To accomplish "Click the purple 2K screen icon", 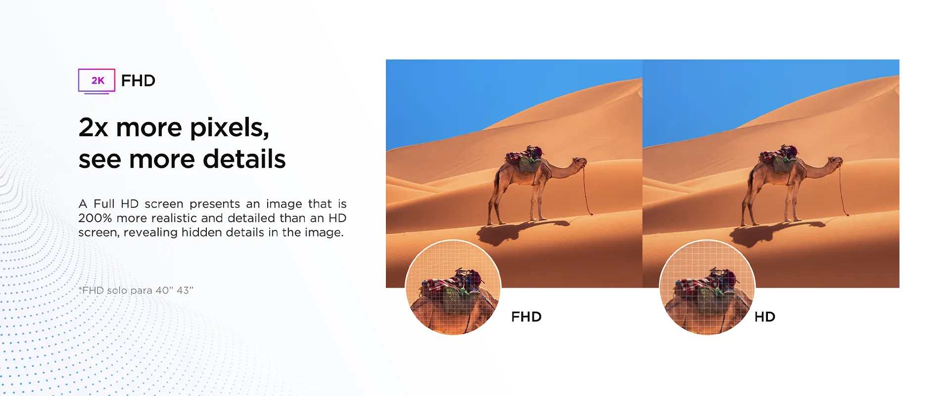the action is point(96,81).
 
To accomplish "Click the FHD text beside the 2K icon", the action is point(138,81).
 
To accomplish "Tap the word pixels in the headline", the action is point(230,128).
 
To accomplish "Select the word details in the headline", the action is point(244,159).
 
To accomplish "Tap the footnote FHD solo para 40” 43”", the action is point(136,290).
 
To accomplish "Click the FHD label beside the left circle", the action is point(526,317).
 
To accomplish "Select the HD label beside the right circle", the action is point(764,317).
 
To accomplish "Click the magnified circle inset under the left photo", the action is point(453,288).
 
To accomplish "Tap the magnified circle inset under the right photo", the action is point(707,288).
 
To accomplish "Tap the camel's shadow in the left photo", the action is point(520,230).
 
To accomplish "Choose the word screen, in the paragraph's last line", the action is point(99,233).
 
